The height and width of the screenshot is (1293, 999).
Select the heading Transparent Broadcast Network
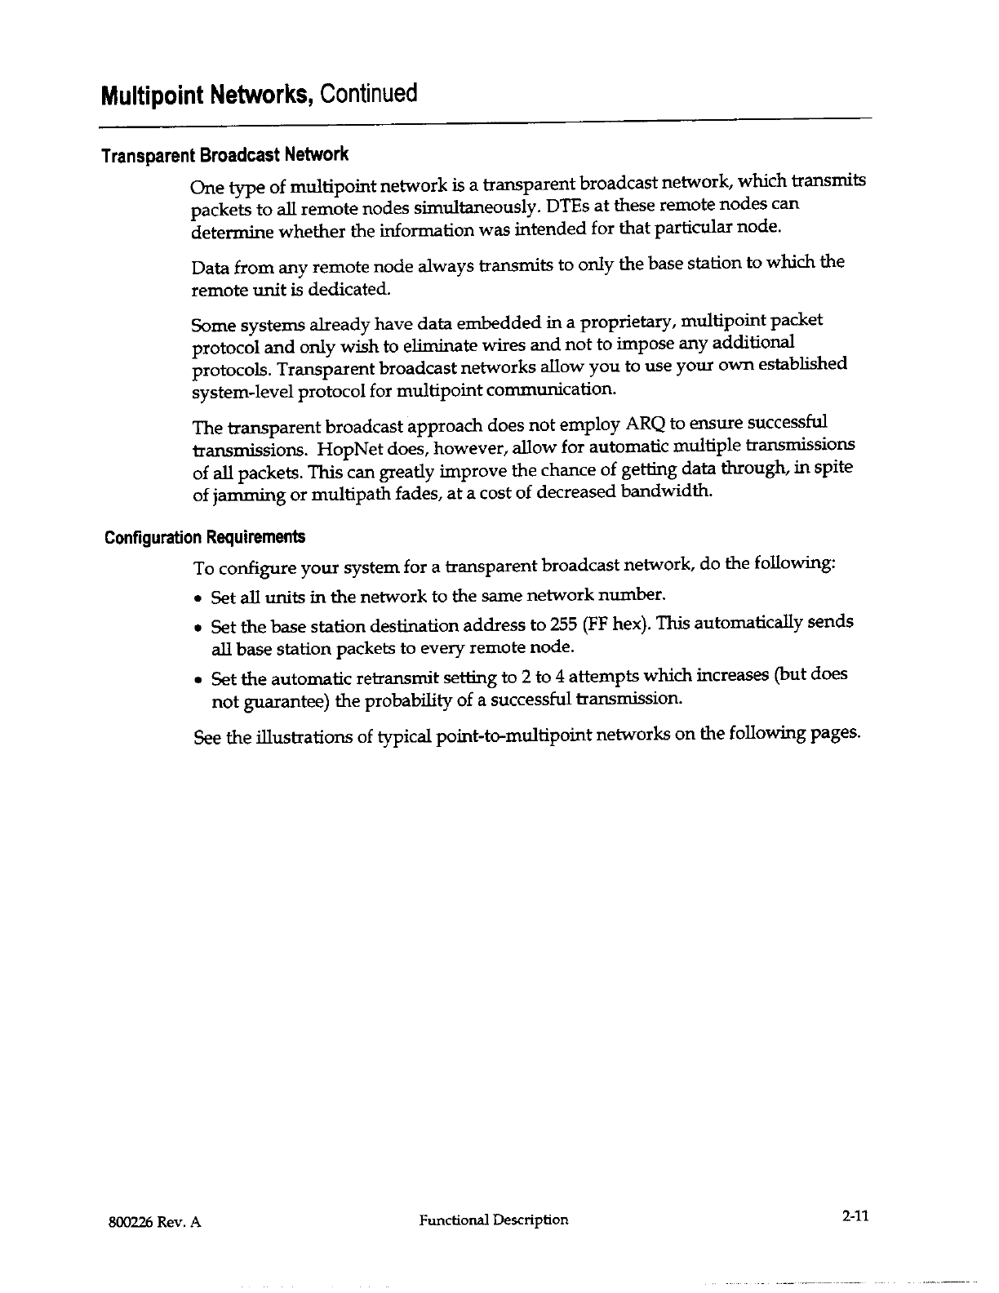tap(224, 154)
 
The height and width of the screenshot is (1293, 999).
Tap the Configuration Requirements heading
tap(205, 537)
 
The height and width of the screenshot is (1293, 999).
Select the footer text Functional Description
tap(494, 1220)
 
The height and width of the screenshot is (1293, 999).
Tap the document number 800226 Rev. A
tap(154, 1222)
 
